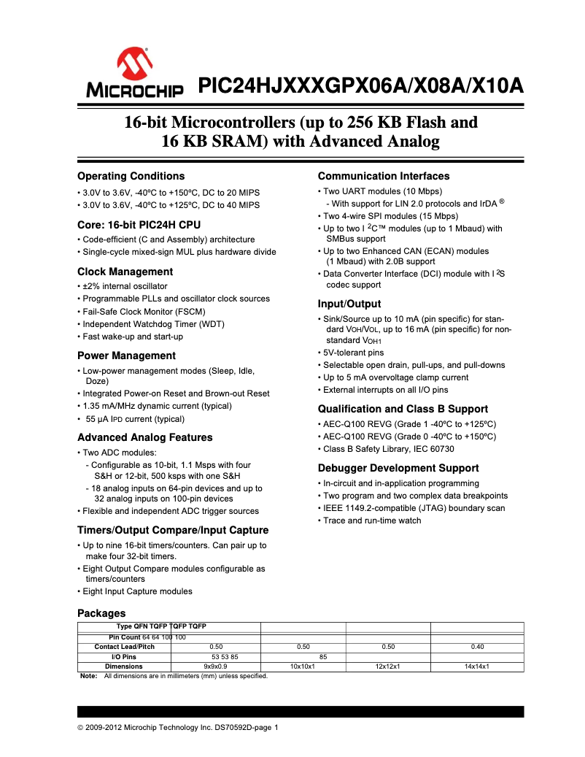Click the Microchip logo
point(136,74)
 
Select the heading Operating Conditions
point(131,176)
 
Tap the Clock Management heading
point(125,272)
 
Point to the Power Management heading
point(126,356)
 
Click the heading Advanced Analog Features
point(144,437)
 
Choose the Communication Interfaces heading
point(384,176)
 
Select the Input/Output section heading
point(349,304)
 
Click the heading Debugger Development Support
point(398,468)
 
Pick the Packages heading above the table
point(101,613)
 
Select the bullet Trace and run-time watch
point(372,520)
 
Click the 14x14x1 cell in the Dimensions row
point(477,666)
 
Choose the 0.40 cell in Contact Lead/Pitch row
point(477,647)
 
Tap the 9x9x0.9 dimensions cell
point(216,666)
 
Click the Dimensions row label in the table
point(124,666)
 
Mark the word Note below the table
point(88,676)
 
